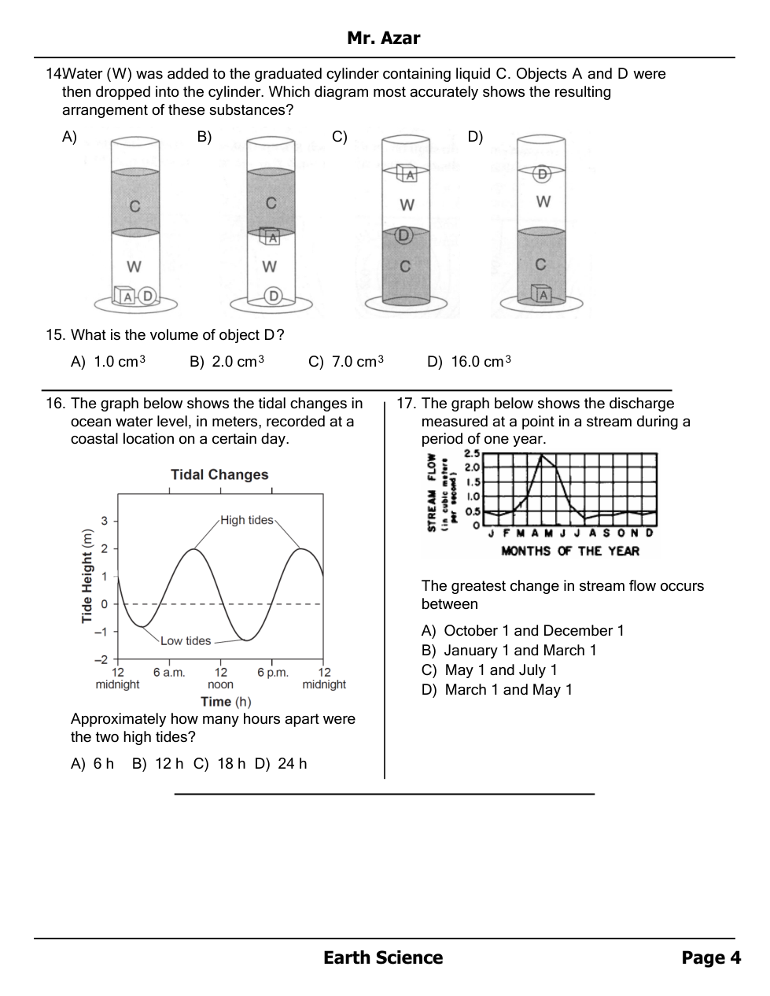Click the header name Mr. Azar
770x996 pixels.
pos(383,38)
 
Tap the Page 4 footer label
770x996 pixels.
pos(711,957)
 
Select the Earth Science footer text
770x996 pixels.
pos(383,957)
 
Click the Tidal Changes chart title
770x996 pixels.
pos(219,474)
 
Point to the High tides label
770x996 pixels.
pos(246,520)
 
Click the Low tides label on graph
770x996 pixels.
pos(186,640)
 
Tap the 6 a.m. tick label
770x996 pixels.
pos(169,673)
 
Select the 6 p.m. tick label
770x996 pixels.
pos(273,673)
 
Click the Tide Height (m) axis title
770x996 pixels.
pos(87,576)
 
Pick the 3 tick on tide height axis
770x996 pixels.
pos(104,521)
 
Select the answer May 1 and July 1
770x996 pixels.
pos(500,670)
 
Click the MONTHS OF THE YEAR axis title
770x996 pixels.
pos(570,551)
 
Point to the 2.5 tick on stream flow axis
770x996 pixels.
pos(472,453)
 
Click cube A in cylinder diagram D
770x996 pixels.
pos(541,295)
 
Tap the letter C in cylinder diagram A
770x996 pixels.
pos(135,206)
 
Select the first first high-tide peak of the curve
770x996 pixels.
pos(193,549)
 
